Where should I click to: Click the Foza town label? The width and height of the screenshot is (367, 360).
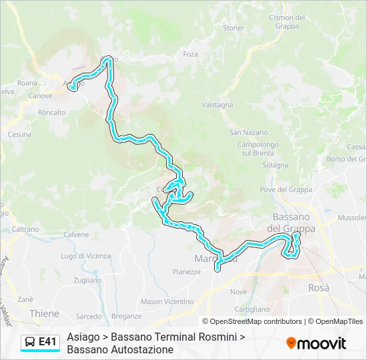pyautogui.click(x=190, y=54)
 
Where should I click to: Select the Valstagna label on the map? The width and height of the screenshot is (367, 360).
pyautogui.click(x=217, y=105)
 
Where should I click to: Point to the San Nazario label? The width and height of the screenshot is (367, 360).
pyautogui.click(x=248, y=133)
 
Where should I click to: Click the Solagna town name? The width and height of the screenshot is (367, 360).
pyautogui.click(x=275, y=165)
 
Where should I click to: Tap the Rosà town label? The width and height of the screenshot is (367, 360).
pyautogui.click(x=319, y=287)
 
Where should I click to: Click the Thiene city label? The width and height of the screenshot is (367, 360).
pyautogui.click(x=44, y=313)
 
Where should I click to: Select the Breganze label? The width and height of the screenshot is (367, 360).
pyautogui.click(x=126, y=316)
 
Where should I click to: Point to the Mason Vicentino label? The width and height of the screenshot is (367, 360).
pyautogui.click(x=167, y=301)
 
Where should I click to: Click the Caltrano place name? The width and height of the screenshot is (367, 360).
pyautogui.click(x=25, y=229)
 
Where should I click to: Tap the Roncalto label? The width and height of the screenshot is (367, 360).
pyautogui.click(x=51, y=113)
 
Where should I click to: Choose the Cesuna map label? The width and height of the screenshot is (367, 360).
pyautogui.click(x=19, y=134)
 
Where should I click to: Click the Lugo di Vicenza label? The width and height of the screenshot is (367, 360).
pyautogui.click(x=85, y=256)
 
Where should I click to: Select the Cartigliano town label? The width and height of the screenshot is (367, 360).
pyautogui.click(x=252, y=309)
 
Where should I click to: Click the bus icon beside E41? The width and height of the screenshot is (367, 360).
pyautogui.click(x=30, y=342)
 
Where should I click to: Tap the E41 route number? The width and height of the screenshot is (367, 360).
pyautogui.click(x=47, y=342)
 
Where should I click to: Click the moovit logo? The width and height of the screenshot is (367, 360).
pyautogui.click(x=316, y=343)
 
